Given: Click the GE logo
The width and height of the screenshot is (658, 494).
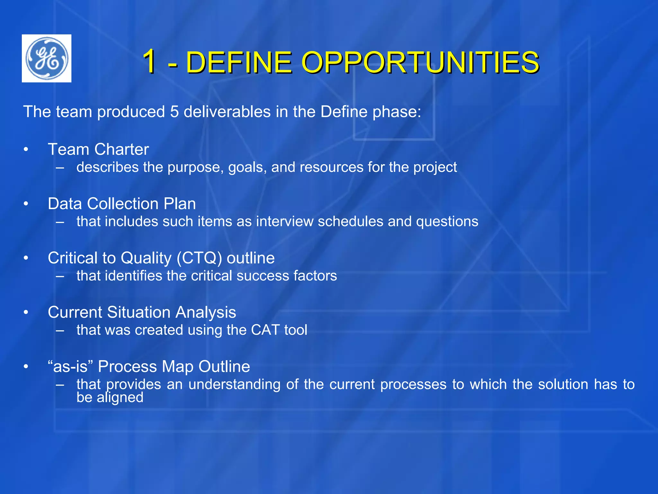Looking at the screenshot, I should [47, 58].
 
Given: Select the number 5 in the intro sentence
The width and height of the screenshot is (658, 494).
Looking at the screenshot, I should [174, 112].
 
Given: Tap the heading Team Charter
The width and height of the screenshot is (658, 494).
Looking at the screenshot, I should [98, 150].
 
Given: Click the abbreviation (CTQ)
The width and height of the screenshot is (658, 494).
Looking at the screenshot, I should [199, 258].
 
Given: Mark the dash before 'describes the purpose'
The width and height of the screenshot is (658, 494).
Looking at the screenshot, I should [60, 168].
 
